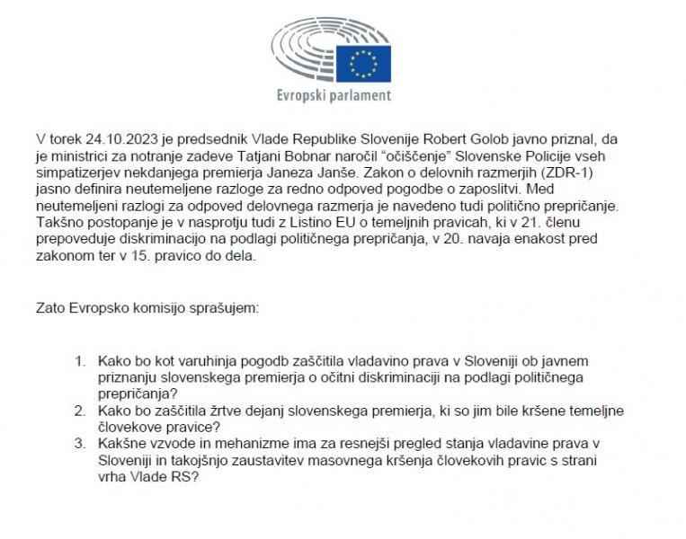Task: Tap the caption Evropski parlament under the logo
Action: [334, 95]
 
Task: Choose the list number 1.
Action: [80, 361]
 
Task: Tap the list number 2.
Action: [80, 411]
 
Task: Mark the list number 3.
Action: [80, 444]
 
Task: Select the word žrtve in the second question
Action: [215, 411]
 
